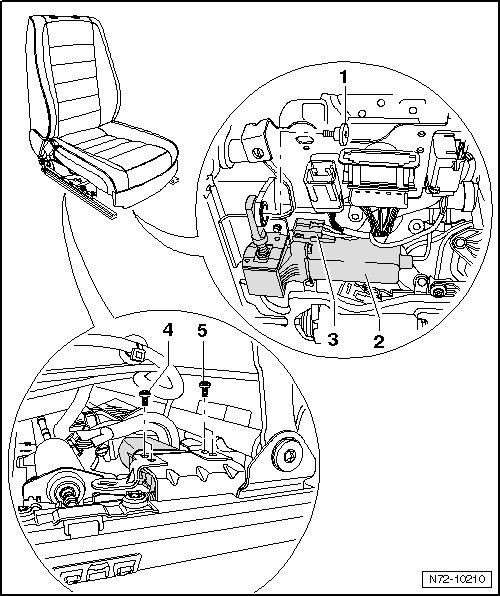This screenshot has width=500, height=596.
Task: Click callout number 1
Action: pos(343,77)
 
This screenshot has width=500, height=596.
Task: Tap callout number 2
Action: pos(378,341)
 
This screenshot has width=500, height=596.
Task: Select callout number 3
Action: pos(333,339)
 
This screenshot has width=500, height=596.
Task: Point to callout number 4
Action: pos(168,330)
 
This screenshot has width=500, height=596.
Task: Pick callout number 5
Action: pos(202,331)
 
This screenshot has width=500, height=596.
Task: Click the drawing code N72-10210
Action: pos(457,579)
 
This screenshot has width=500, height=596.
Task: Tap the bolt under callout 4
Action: pos(145,398)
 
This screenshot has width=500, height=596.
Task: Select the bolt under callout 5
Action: pos(204,388)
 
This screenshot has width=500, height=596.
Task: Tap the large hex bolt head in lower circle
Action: pos(290,455)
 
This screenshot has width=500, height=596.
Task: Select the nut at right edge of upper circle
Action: pos(438,292)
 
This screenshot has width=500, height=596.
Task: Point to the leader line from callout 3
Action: pos(326,284)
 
